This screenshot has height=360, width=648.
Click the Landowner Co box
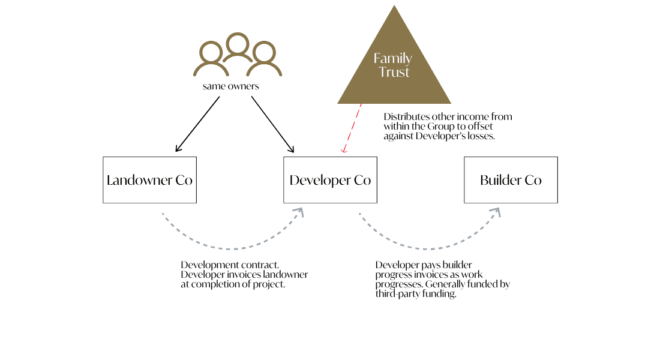[149, 180]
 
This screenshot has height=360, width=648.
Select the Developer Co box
[330, 180]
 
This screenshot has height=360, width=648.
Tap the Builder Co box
[511, 180]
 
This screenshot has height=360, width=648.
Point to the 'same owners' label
[231, 86]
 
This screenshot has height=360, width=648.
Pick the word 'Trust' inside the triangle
[394, 73]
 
